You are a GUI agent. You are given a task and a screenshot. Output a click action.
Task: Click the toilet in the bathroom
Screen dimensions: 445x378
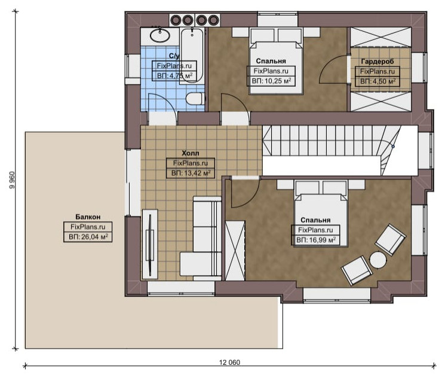pyautogui.click(x=195, y=99)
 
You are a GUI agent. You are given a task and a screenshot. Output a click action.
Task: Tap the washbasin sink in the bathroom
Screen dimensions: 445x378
pyautogui.click(x=159, y=35)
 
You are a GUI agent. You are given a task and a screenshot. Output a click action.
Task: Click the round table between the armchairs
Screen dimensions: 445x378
pyautogui.click(x=378, y=260)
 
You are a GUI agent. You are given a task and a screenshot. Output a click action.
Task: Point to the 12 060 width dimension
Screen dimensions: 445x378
pyautogui.click(x=229, y=362)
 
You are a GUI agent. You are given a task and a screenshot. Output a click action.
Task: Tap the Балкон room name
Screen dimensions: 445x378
pyautogui.click(x=88, y=217)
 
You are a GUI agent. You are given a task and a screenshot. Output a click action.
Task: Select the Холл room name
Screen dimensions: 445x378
pyautogui.click(x=191, y=153)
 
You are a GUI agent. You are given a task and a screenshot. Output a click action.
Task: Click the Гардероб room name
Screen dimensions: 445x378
pyautogui.click(x=378, y=61)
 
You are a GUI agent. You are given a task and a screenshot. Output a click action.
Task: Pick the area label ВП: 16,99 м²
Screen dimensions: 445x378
pyautogui.click(x=316, y=240)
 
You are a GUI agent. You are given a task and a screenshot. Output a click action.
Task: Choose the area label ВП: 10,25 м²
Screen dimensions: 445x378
pyautogui.click(x=272, y=81)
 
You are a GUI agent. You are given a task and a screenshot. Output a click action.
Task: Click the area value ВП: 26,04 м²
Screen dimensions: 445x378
pyautogui.click(x=88, y=237)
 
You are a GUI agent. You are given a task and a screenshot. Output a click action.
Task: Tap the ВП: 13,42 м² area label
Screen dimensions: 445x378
pyautogui.click(x=191, y=173)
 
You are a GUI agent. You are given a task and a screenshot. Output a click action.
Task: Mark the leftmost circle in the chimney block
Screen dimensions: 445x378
pyautogui.click(x=176, y=20)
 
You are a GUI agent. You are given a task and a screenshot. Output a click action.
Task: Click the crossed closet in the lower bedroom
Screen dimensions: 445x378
pyautogui.click(x=235, y=251)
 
